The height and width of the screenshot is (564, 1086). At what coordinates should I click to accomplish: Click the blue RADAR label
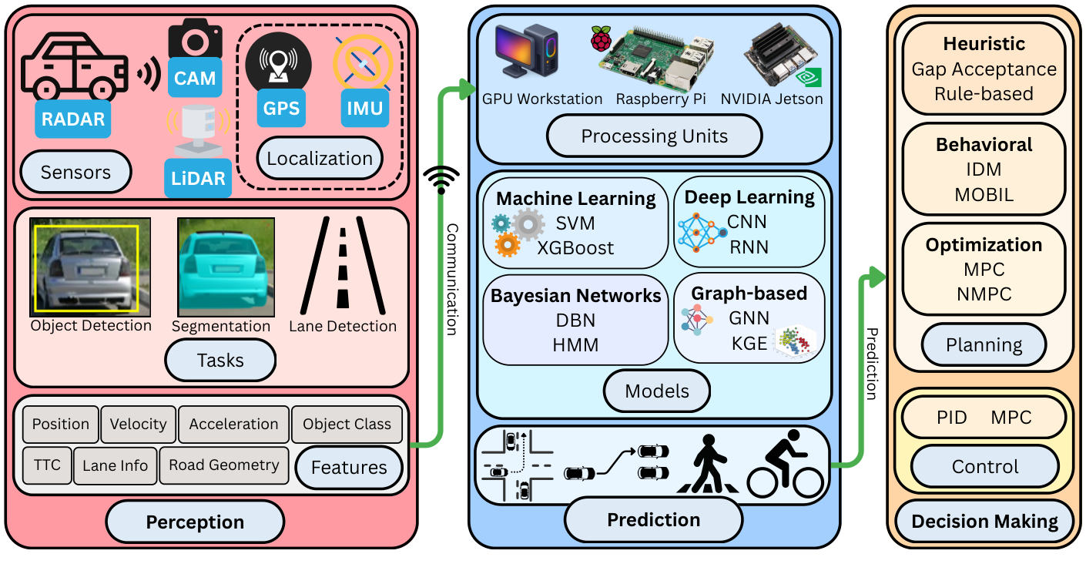pyautogui.click(x=73, y=120)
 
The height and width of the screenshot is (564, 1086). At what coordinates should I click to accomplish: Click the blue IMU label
pyautogui.click(x=364, y=108)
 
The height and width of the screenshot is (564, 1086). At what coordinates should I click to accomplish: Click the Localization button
pyautogui.click(x=320, y=159)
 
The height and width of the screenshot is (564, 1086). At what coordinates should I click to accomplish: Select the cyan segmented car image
pyautogui.click(x=226, y=267)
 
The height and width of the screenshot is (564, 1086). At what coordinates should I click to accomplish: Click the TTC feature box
pyautogui.click(x=47, y=465)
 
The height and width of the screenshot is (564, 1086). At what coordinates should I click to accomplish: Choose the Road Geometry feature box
pyautogui.click(x=223, y=465)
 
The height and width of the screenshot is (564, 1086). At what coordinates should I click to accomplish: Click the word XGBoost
pyautogui.click(x=575, y=247)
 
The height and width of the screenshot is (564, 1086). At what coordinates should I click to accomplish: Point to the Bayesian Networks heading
pyautogui.click(x=575, y=296)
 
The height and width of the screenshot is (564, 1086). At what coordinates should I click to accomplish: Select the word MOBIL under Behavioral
pyautogui.click(x=984, y=195)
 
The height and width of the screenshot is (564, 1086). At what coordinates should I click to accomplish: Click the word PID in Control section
pyautogui.click(x=952, y=418)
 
